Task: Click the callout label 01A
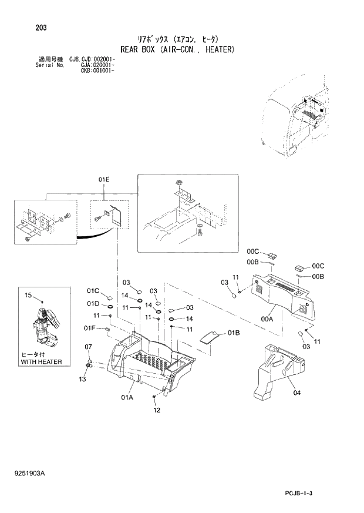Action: pos(128,398)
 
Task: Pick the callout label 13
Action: pos(83,379)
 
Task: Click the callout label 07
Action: pos(88,346)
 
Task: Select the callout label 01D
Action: pos(93,304)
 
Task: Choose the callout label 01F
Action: pos(89,328)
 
